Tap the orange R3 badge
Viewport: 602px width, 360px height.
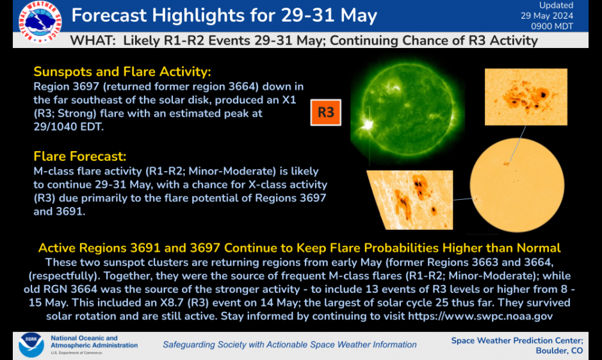pyautogui.click(x=326, y=113)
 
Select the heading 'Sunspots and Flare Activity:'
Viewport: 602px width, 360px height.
pyautogui.click(x=122, y=71)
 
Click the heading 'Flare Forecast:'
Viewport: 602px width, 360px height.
pyautogui.click(x=80, y=156)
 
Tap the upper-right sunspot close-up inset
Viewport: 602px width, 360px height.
pyautogui.click(x=526, y=97)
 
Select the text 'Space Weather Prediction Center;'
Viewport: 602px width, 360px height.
pyautogui.click(x=517, y=340)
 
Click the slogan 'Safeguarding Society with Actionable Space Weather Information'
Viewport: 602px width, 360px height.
pyautogui.click(x=289, y=345)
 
